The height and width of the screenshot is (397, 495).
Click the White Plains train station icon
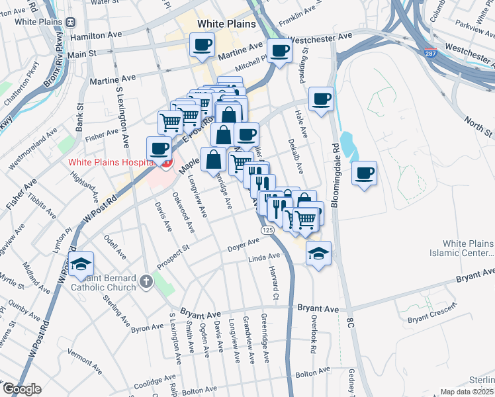coord(71,22)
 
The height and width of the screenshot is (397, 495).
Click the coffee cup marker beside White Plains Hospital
coord(159,149)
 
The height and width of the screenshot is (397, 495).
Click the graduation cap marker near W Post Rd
coord(81,264)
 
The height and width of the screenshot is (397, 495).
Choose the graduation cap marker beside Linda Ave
coord(318,253)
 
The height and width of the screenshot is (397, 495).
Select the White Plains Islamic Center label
coord(468,248)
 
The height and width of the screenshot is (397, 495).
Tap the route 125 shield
coord(267,230)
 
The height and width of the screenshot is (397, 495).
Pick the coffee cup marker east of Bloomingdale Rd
coord(364,173)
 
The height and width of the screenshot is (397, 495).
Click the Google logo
coord(22,389)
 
